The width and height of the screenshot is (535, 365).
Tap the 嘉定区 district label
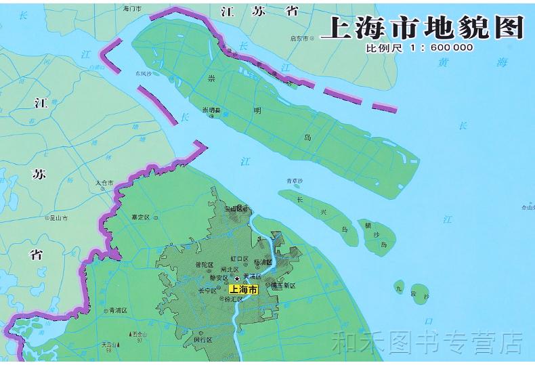coord(142,217)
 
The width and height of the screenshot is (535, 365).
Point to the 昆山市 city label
coord(60,218)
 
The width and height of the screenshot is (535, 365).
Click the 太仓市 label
coord(105,182)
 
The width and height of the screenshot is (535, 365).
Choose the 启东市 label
coord(299,39)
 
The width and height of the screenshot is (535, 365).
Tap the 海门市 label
coord(131,9)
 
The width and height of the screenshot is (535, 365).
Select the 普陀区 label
coord(204,264)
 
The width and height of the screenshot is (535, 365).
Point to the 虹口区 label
coord(240,259)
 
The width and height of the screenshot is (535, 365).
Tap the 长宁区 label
coord(207,291)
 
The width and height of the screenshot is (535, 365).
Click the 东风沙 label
coord(144,72)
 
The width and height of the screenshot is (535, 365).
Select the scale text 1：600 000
coord(438,48)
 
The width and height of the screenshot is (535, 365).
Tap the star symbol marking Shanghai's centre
coord(236,278)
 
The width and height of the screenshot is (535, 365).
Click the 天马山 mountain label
coord(110,344)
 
